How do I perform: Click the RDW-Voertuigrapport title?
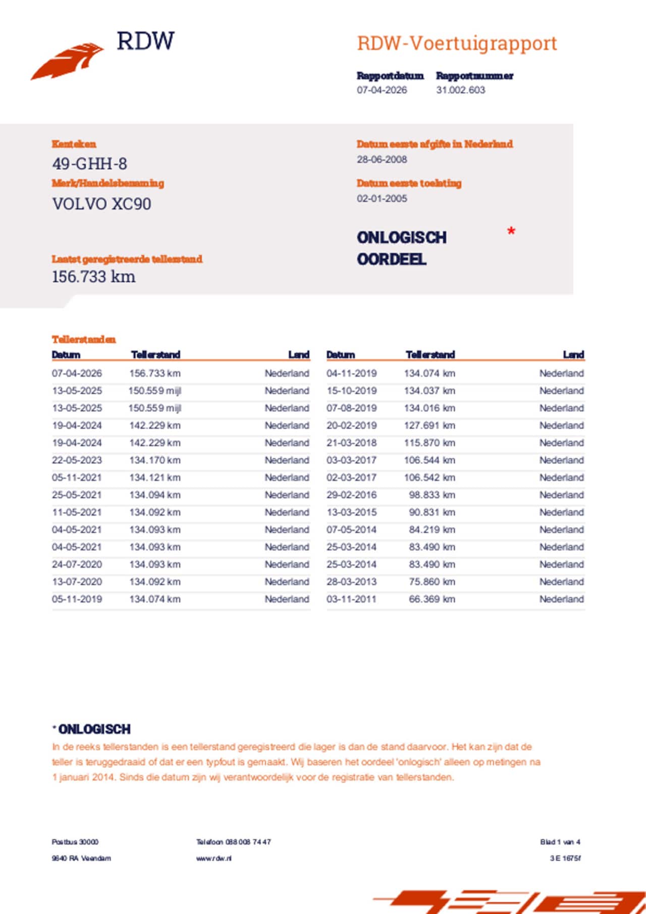click(457, 43)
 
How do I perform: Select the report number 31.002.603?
click(460, 90)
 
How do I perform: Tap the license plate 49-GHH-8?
click(89, 164)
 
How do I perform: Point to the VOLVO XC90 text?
click(101, 204)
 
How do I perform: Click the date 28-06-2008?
click(382, 159)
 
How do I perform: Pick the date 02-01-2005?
click(382, 198)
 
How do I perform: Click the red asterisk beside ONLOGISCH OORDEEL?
click(511, 232)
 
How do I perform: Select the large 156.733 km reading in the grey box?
click(93, 277)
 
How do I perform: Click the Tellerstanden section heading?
click(84, 339)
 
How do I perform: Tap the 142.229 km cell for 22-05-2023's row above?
click(154, 443)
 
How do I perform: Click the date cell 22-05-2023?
click(77, 460)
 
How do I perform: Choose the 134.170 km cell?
click(154, 460)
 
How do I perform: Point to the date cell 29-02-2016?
click(351, 495)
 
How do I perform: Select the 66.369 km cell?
click(432, 599)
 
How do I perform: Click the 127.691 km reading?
click(429, 425)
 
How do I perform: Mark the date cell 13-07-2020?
click(77, 581)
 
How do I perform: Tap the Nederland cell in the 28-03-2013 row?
click(561, 581)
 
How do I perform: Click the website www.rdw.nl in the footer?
click(214, 858)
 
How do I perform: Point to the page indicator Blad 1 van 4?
click(560, 842)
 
